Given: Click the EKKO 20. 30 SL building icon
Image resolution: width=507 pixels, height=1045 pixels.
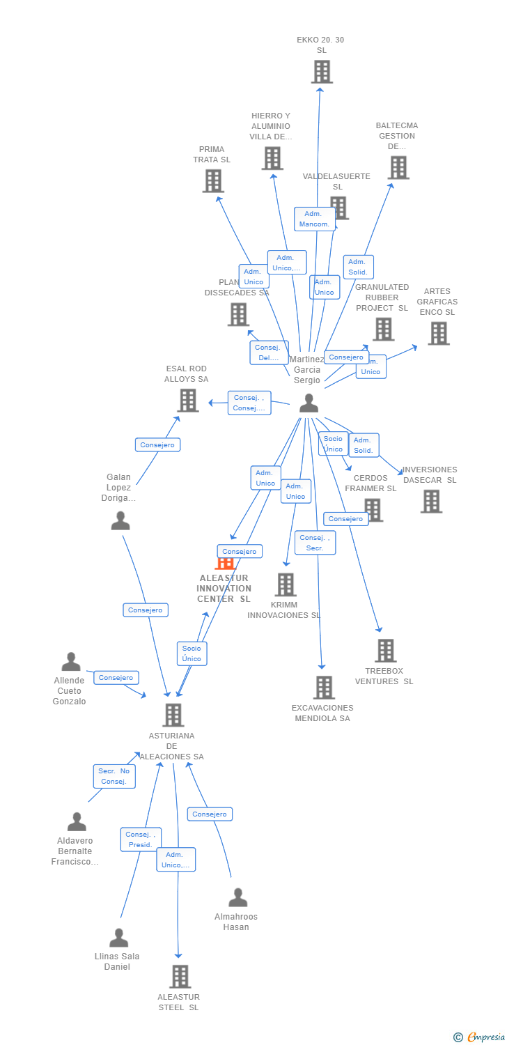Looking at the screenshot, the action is [x=321, y=72].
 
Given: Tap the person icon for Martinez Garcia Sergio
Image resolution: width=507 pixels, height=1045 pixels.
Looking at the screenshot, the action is [x=309, y=403].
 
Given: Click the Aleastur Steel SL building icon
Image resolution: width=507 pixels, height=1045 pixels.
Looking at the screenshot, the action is [x=180, y=977].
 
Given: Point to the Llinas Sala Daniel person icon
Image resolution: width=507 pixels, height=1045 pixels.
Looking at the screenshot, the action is [x=119, y=938].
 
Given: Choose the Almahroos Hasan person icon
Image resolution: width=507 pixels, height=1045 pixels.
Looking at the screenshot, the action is [x=238, y=897].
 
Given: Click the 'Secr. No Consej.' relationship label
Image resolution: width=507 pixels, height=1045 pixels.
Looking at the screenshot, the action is [x=114, y=776].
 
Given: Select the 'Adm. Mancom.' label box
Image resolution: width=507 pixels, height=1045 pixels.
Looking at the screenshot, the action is [x=314, y=219].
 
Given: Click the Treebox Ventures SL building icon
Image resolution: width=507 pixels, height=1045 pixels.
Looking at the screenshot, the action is [x=385, y=651].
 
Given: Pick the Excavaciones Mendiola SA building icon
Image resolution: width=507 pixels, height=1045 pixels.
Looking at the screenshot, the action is [x=323, y=688].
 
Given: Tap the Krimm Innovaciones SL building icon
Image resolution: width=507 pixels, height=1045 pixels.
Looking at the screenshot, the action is [x=286, y=585].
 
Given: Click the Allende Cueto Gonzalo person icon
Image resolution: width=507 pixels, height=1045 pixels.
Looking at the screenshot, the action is [x=71, y=662].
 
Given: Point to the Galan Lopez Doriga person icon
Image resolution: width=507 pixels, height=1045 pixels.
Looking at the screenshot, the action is [x=120, y=520].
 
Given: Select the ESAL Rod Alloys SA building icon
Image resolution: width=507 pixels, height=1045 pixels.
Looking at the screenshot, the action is [x=188, y=401].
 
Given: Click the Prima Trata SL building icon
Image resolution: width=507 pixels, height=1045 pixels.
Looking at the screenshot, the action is [x=213, y=181].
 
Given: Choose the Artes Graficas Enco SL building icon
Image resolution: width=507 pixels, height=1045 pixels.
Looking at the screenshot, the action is [x=438, y=334].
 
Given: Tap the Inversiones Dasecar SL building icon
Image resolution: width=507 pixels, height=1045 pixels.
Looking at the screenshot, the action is [x=431, y=501].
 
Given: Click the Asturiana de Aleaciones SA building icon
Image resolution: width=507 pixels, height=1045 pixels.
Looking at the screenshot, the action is [x=173, y=715].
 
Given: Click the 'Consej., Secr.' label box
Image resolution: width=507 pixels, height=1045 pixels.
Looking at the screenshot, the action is [x=315, y=543].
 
